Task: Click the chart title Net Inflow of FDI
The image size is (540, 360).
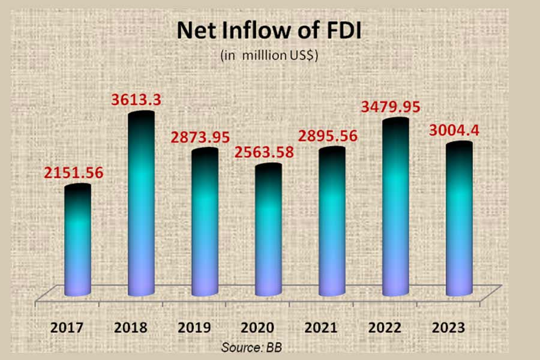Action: pos(269,31)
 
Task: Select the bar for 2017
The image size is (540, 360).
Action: pos(78,240)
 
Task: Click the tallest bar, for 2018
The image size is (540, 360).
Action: pos(142,204)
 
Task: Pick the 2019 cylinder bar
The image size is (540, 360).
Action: pos(205,222)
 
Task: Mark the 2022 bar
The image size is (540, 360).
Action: pos(395,207)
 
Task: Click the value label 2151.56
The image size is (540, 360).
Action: pos(73,173)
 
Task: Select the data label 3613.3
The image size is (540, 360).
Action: pos(136,100)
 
